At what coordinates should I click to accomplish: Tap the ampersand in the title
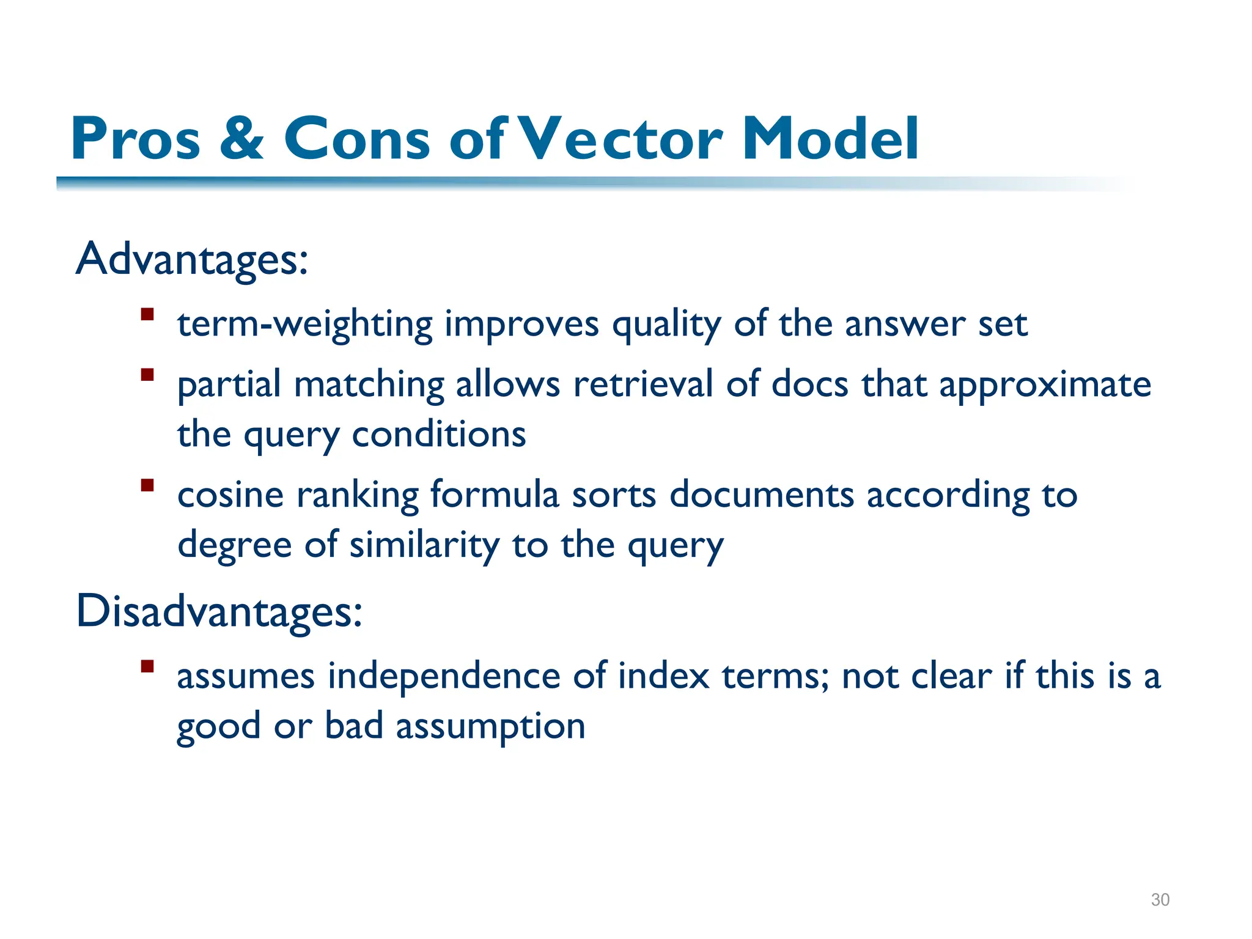click(241, 139)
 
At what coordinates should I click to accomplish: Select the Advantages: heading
click(192, 260)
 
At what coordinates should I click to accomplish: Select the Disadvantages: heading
click(219, 612)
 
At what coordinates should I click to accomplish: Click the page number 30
click(1160, 900)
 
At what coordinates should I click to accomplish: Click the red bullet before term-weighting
click(147, 315)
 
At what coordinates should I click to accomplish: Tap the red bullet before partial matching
click(147, 375)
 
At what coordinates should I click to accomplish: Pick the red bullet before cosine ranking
click(147, 485)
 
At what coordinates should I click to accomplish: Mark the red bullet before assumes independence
click(147, 666)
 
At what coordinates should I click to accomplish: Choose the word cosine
click(230, 495)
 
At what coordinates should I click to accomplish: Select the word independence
click(444, 677)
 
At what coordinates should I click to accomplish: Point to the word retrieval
click(643, 385)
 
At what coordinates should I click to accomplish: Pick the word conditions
click(439, 435)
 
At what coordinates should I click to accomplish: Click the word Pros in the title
click(136, 139)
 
